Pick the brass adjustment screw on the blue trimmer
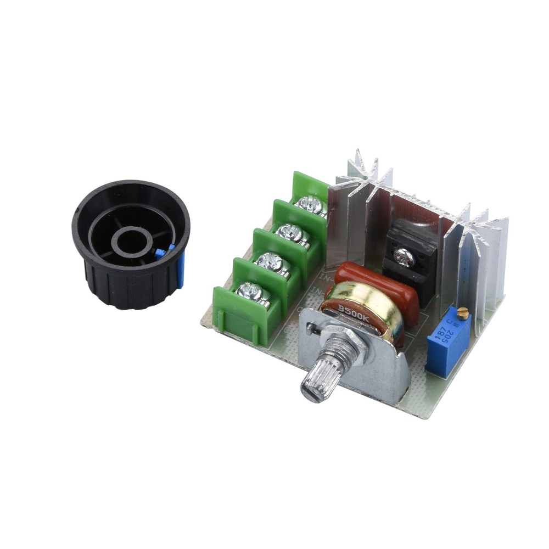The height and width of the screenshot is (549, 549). [x=463, y=314]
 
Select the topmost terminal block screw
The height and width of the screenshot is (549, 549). [x=311, y=206]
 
